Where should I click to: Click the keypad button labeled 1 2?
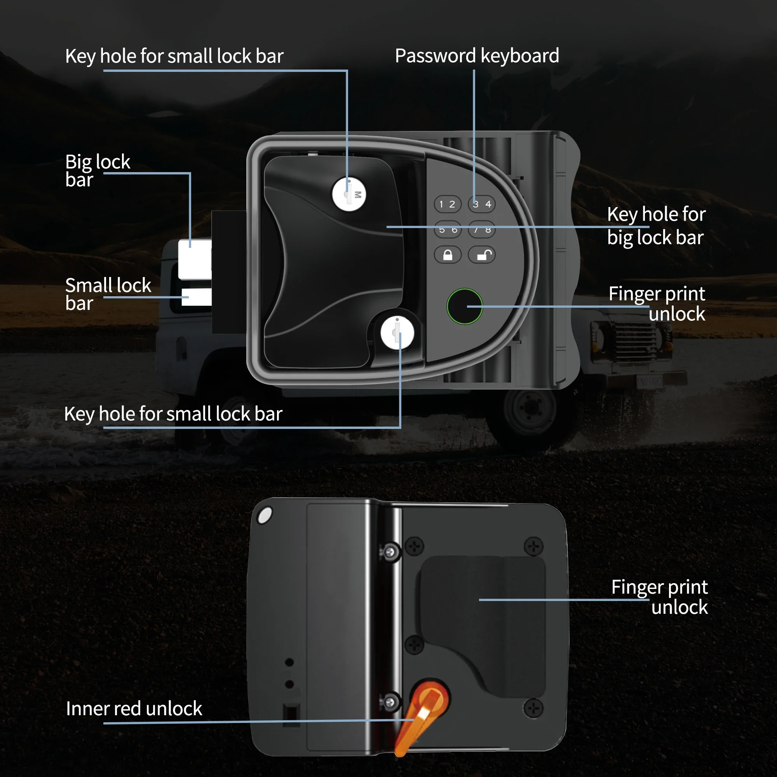(447, 204)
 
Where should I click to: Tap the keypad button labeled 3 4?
(481, 204)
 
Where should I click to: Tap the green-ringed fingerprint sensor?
(465, 306)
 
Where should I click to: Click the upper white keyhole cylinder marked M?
(349, 194)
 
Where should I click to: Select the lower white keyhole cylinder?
(397, 333)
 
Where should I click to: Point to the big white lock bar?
(195, 259)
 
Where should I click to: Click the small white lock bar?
(196, 297)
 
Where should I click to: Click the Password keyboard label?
(477, 56)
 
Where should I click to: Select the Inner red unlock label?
(134, 708)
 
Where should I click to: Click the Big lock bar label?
(98, 170)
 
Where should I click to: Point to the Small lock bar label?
(108, 294)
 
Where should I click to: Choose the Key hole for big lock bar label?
(656, 226)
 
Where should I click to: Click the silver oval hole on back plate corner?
(265, 516)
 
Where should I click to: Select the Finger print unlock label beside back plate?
(659, 596)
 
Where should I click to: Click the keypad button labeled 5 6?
(447, 230)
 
